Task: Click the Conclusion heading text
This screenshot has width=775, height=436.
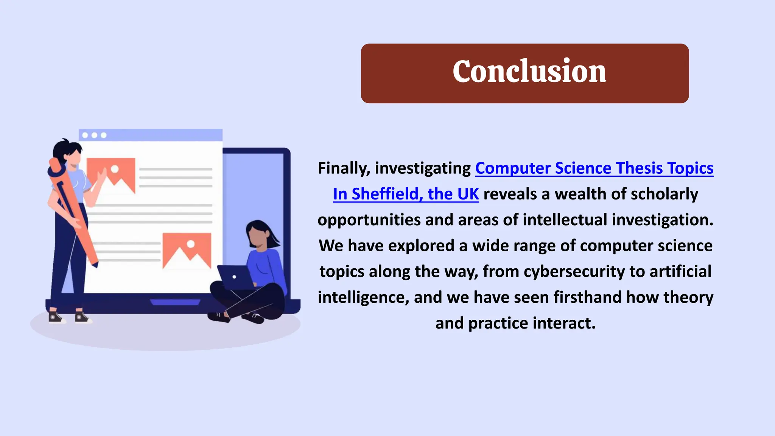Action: [529, 72]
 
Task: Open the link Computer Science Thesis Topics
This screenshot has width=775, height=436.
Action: [594, 168]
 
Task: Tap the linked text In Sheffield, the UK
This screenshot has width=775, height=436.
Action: [406, 194]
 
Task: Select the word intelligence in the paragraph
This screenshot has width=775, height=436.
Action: [363, 297]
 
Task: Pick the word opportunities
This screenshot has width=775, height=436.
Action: [369, 220]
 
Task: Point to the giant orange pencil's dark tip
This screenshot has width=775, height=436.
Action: [95, 264]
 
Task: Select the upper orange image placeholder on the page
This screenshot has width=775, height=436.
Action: [111, 175]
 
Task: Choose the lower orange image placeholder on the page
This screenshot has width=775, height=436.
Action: [187, 250]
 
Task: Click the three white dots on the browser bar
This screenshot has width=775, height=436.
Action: [94, 135]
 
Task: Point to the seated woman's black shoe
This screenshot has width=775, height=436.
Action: [219, 317]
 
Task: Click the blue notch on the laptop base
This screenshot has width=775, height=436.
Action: [175, 302]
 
